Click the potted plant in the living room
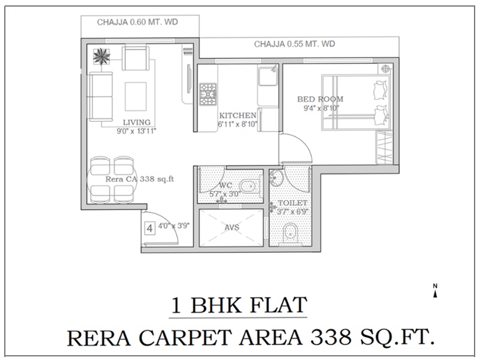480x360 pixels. (x=101, y=56)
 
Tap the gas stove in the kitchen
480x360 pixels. (x=208, y=94)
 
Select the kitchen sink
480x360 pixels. (x=268, y=76)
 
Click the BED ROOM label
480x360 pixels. (x=320, y=99)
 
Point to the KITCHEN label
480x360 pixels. (x=238, y=115)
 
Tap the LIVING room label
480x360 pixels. (x=137, y=122)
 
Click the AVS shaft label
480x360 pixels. (x=232, y=227)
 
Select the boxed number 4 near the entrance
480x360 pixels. (x=149, y=229)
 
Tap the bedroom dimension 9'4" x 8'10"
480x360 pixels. (x=321, y=108)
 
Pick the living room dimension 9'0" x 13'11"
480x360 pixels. (x=137, y=131)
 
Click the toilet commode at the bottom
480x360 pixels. (x=290, y=234)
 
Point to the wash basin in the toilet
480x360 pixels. (x=277, y=178)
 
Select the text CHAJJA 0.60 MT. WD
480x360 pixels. (x=137, y=22)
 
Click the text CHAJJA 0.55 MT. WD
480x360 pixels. (x=295, y=44)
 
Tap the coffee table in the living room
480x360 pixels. (x=136, y=96)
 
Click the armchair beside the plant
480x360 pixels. (x=136, y=58)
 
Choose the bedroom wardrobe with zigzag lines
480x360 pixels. (x=385, y=147)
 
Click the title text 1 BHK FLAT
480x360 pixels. (x=239, y=305)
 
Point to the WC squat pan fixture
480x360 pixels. (x=250, y=187)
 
